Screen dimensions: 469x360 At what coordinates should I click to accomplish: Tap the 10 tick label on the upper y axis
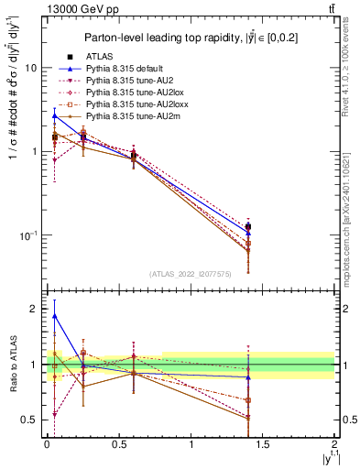point(31,68)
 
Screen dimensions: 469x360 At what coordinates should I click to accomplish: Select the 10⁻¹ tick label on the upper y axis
point(28,235)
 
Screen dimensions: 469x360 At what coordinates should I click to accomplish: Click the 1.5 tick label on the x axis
point(263,444)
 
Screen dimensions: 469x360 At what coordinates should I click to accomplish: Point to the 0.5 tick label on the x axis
point(119,444)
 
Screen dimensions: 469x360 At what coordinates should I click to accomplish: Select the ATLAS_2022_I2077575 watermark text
point(190,273)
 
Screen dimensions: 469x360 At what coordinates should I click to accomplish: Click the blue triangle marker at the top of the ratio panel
point(54,316)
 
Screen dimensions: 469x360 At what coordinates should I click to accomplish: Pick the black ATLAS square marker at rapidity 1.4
point(248,226)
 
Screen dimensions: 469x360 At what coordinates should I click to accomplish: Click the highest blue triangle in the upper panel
point(54,116)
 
